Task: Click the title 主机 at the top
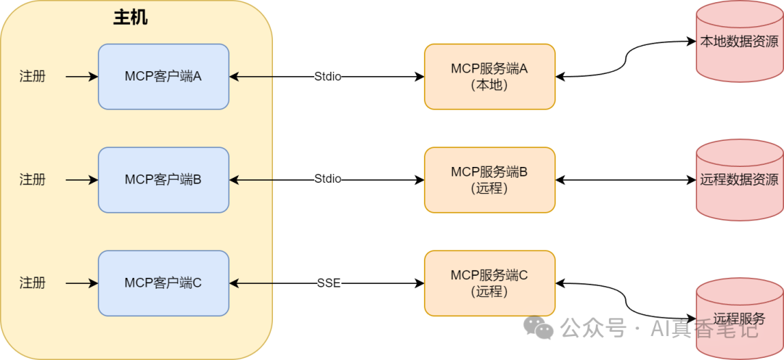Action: click(131, 17)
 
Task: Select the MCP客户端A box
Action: click(163, 76)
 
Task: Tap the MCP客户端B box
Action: click(163, 179)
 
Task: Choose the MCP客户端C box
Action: click(163, 282)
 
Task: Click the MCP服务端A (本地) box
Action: click(489, 76)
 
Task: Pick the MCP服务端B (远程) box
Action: click(489, 179)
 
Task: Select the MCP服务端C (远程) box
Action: click(489, 282)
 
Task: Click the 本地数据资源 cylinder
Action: click(739, 42)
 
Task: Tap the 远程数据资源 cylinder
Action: click(739, 179)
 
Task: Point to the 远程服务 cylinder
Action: click(739, 318)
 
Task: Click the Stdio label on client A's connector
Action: click(327, 76)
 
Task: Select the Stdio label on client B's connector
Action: click(327, 179)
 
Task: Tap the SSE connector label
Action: click(328, 282)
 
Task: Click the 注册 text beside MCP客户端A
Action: click(32, 76)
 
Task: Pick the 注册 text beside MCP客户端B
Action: click(32, 179)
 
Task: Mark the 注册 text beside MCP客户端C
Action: click(32, 282)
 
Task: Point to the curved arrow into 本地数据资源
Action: click(626, 58)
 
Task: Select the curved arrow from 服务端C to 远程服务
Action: click(626, 300)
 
